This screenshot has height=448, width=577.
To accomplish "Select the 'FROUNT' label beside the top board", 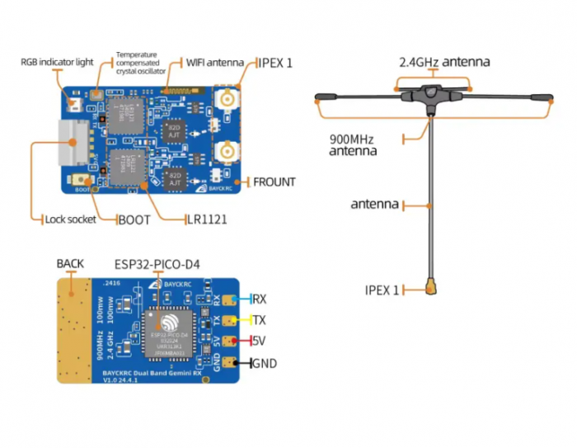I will click(274, 182).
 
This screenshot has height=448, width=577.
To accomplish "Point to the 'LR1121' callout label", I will click(206, 219).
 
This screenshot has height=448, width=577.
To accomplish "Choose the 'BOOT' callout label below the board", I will click(134, 219).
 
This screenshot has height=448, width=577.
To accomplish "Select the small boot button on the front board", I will click(82, 179).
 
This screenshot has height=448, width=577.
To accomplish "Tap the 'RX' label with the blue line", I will click(259, 299).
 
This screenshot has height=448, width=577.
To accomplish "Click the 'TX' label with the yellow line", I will click(259, 320).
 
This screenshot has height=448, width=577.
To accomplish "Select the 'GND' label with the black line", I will click(264, 363).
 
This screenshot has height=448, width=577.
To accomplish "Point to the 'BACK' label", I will click(70, 263).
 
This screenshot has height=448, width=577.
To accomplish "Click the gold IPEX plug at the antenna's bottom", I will click(430, 288).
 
